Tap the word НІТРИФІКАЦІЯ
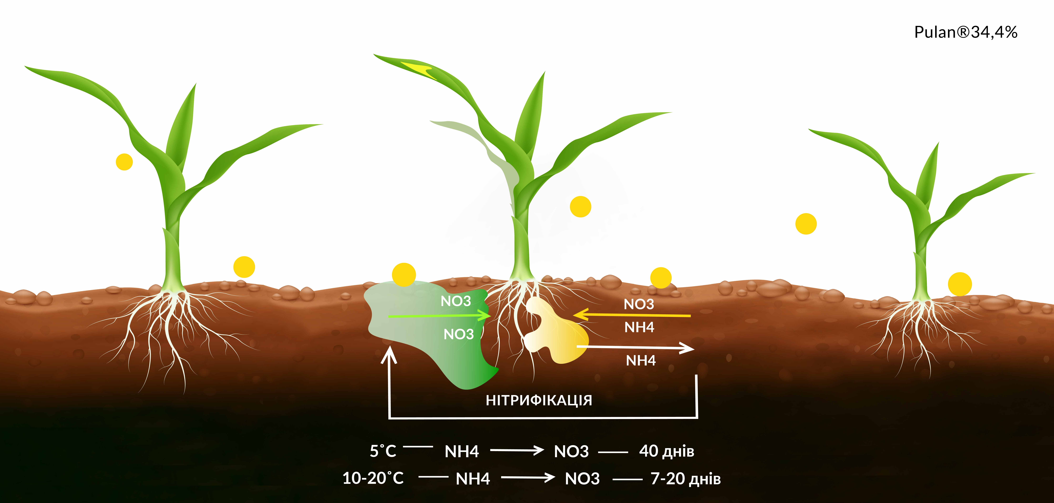click(x=539, y=400)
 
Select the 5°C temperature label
click(x=383, y=451)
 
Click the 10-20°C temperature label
click(x=373, y=478)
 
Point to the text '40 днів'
click(x=666, y=451)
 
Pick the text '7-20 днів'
click(x=685, y=478)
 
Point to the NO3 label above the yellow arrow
click(x=639, y=304)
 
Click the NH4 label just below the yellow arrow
click(x=639, y=327)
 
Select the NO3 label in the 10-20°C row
click(x=582, y=478)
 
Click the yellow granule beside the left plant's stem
click(x=124, y=162)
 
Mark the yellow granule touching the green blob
click(x=404, y=275)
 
